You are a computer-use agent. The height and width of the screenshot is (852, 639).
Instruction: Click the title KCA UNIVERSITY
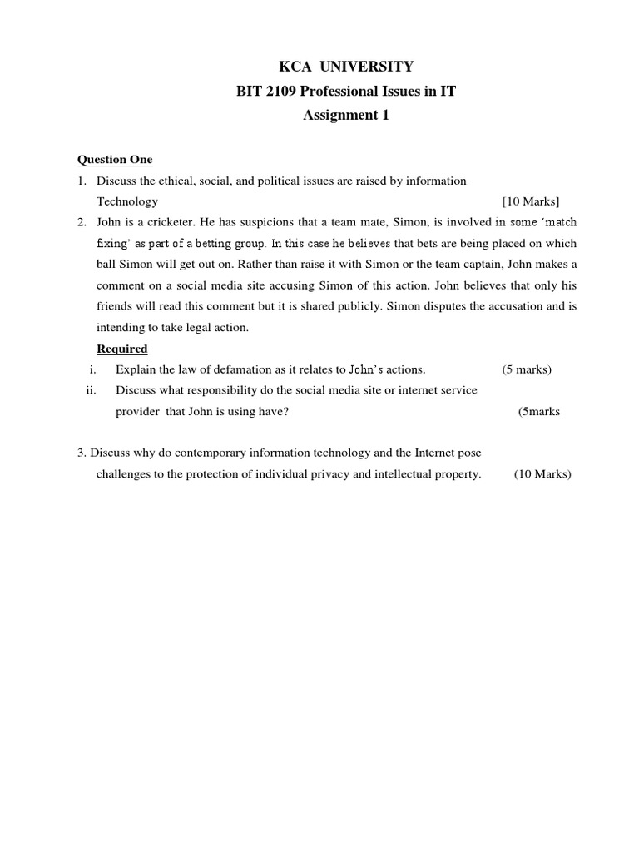344,67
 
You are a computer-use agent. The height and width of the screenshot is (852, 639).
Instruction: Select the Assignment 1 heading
345,116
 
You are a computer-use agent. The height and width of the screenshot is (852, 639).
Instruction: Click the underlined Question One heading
115,160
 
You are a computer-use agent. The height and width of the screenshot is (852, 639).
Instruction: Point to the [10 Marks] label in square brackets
531,201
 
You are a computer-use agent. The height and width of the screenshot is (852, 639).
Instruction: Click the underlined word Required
122,349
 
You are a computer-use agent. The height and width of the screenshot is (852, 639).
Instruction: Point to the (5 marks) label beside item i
527,369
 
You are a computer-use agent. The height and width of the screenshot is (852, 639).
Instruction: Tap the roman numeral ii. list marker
92,390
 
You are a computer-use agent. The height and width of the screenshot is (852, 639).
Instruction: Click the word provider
136,412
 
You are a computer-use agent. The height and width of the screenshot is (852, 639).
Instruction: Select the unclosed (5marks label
538,412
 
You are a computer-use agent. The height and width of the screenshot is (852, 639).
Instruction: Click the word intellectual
415,474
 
